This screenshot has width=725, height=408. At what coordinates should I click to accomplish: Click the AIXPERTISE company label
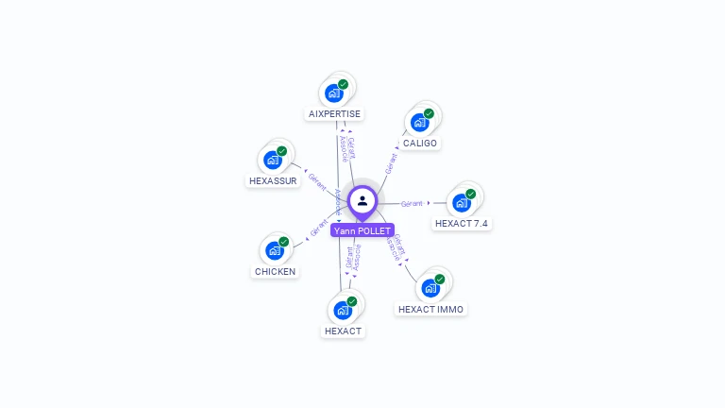334,113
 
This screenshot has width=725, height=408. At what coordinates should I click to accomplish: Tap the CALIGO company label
419,144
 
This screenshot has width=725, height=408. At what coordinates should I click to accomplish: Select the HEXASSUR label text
273,180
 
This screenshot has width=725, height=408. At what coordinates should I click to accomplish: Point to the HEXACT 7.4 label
462,224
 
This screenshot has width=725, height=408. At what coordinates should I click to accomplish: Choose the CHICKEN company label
275,271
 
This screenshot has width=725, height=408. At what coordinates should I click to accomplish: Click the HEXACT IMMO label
430,309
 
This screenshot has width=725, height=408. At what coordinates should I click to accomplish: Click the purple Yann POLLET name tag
362,230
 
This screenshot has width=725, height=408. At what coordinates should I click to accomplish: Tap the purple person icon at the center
362,200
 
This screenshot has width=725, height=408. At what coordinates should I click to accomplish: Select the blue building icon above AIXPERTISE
333,93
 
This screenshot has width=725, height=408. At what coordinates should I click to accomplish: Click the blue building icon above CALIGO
419,122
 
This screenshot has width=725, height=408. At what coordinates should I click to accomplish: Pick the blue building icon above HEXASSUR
273,160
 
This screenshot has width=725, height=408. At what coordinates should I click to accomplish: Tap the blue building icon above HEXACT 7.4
461,202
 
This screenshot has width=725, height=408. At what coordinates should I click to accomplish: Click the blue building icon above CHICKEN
274,250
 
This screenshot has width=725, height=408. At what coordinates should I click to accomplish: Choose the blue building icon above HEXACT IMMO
430,287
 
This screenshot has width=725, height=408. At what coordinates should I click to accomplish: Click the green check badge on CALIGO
429,113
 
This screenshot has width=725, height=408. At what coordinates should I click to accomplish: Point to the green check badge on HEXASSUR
282,151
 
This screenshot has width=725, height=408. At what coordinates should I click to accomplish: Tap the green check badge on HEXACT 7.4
470,194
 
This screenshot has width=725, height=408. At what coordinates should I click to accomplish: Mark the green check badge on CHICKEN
283,242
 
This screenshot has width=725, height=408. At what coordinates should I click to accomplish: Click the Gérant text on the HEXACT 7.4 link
412,203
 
